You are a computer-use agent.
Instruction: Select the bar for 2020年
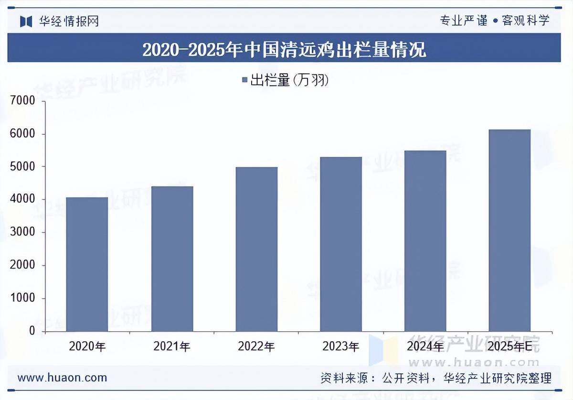(87, 264)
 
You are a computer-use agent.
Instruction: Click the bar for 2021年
(172, 259)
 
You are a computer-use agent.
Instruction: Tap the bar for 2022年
(256, 249)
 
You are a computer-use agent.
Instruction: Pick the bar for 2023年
(341, 244)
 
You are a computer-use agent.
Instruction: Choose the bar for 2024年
(425, 241)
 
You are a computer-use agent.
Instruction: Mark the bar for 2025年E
(509, 230)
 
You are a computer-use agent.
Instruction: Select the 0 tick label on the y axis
(32, 331)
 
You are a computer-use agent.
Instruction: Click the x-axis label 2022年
(256, 346)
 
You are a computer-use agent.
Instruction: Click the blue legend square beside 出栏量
(244, 80)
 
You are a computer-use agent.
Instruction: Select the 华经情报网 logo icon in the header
(26, 21)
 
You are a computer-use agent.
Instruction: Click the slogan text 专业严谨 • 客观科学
(494, 21)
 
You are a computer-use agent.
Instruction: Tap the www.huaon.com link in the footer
(62, 378)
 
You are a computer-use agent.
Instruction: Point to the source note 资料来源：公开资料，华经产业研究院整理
(435, 378)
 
